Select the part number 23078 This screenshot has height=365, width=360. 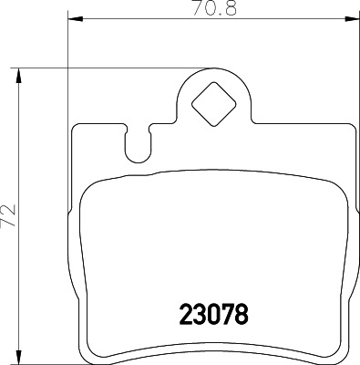pyautogui.click(x=211, y=313)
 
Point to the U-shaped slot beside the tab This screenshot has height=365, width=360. pyautogui.click(x=138, y=143)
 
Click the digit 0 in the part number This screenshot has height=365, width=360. pyautogui.click(x=211, y=313)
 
